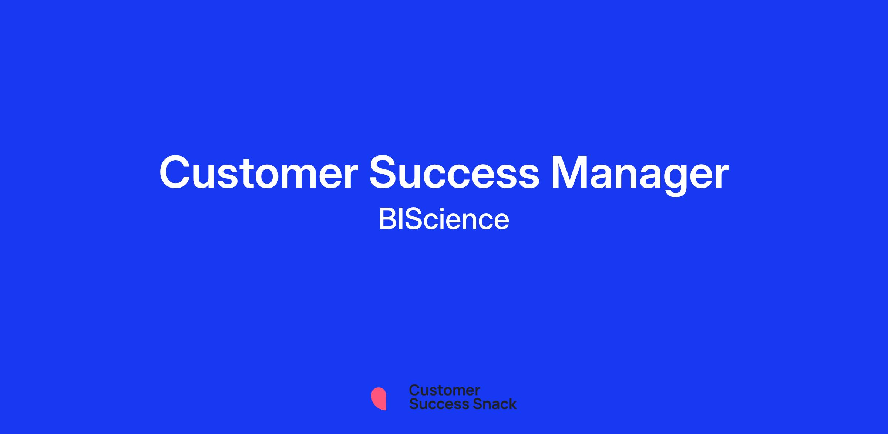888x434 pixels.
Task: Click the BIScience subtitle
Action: [x=444, y=219]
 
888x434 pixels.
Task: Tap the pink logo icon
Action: [x=379, y=398]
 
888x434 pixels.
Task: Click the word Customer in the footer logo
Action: [x=444, y=390]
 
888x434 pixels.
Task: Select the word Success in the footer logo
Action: [x=434, y=404]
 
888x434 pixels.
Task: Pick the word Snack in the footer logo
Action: [x=490, y=404]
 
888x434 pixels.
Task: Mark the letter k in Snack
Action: [x=512, y=404]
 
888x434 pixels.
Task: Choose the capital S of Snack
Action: [x=467, y=404]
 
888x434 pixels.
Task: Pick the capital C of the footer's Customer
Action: [x=414, y=390]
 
